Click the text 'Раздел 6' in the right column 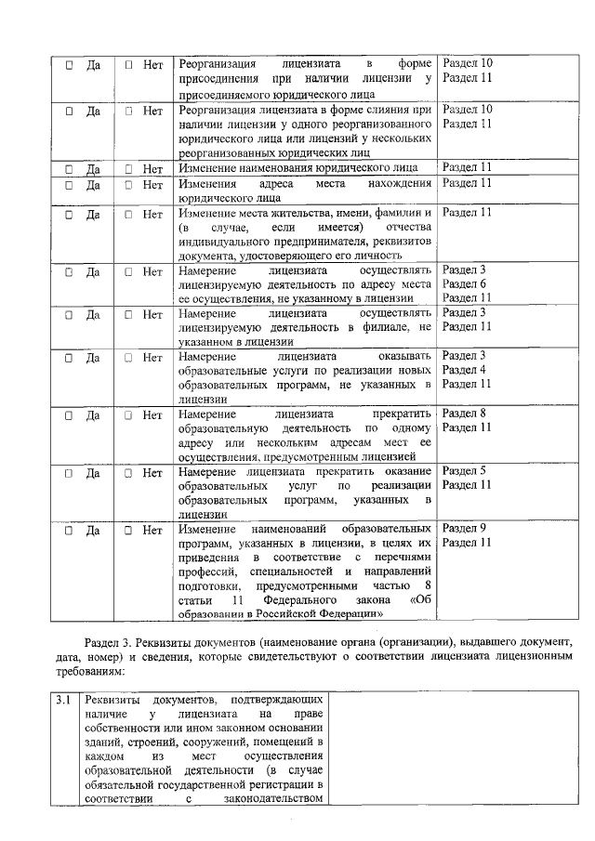coord(464,283)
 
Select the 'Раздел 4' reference coord(464,369)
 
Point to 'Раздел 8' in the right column coord(464,413)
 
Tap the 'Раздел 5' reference coord(464,470)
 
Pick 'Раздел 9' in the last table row coord(464,528)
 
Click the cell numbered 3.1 coord(62,699)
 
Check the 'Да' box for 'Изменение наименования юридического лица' coord(70,169)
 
